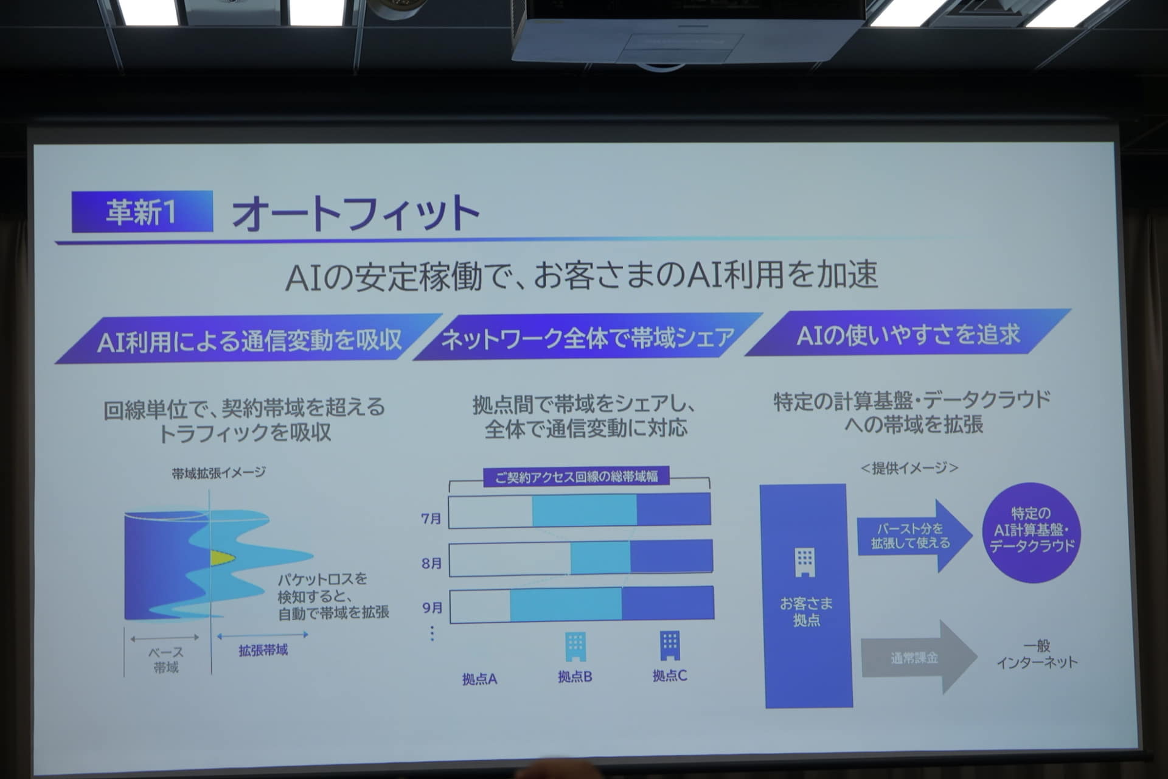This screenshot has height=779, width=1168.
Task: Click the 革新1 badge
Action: click(x=142, y=211)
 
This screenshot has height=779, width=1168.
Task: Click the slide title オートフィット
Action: click(x=356, y=213)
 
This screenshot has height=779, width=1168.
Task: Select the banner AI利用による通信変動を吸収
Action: click(x=249, y=339)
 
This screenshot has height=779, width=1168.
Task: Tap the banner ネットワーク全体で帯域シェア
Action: click(x=588, y=337)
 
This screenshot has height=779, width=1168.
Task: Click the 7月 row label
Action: click(x=431, y=519)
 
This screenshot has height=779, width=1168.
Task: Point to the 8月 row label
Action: click(x=431, y=563)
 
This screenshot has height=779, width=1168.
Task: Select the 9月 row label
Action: click(x=432, y=607)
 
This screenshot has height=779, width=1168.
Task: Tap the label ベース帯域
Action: click(x=165, y=660)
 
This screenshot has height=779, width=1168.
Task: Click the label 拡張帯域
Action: click(x=263, y=650)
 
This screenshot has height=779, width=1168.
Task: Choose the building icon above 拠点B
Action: click(x=575, y=646)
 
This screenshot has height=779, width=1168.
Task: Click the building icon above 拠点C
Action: click(x=670, y=645)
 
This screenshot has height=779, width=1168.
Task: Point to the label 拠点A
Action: click(x=479, y=679)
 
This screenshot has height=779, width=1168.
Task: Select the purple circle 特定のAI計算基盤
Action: click(x=1032, y=532)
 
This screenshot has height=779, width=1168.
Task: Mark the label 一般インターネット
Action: click(x=1037, y=654)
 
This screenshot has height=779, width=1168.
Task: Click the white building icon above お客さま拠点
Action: click(x=804, y=562)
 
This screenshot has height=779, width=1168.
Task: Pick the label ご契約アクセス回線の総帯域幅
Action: click(x=576, y=477)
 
